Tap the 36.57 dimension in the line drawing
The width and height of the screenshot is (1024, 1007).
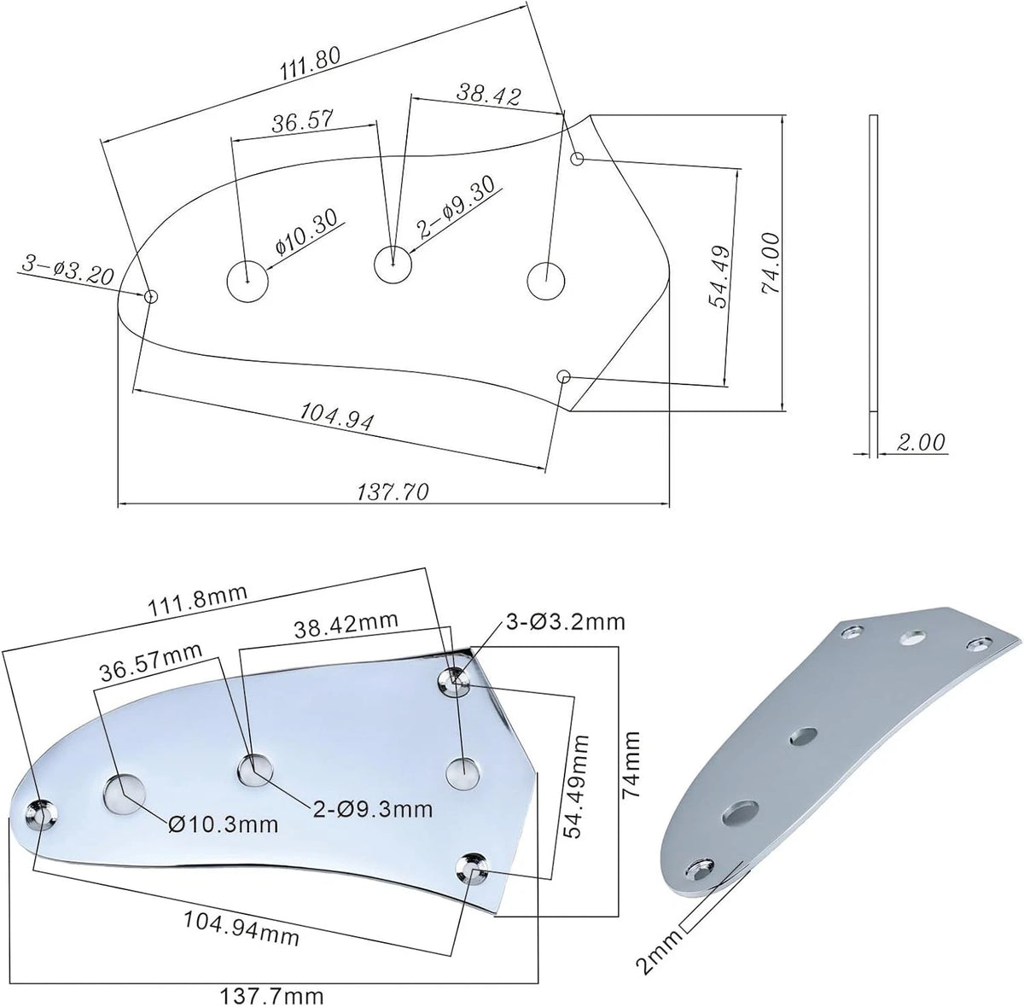tap(303, 122)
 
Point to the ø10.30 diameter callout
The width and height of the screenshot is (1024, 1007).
tap(306, 231)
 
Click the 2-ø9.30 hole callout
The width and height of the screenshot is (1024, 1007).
tap(457, 207)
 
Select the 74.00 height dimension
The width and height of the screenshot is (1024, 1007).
tap(771, 263)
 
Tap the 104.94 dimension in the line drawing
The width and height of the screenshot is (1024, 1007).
tap(337, 416)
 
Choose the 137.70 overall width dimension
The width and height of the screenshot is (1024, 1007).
tap(393, 492)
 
